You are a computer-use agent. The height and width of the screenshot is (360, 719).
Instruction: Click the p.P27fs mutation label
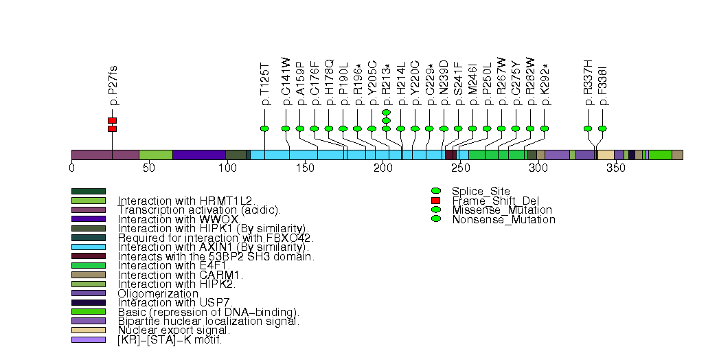pos(113,85)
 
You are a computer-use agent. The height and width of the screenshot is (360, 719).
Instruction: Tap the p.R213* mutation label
pos(386,81)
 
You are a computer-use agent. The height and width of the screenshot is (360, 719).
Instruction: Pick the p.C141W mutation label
pos(286,81)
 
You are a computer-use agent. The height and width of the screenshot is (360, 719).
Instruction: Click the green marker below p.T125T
pos(265,128)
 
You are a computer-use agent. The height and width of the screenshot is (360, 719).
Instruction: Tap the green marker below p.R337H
pos(588,128)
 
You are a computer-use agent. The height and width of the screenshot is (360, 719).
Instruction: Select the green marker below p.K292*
pos(545,128)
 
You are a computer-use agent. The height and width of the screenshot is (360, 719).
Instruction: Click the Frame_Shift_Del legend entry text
pos(486,201)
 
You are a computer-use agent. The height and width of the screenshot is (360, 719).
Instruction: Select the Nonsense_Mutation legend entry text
pos(503,220)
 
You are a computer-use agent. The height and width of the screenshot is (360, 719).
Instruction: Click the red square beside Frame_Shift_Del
pos(435,201)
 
